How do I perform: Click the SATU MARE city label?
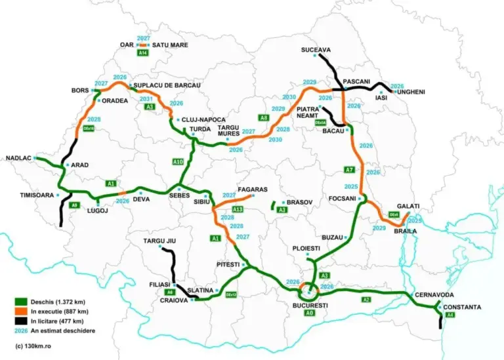tap(170, 45)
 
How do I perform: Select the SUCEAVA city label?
tap(316, 50)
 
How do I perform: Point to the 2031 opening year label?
tap(148, 98)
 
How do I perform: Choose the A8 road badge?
tap(264, 118)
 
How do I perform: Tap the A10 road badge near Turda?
tap(177, 161)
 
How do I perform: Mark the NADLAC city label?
tap(18, 158)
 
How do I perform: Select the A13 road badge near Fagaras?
tap(238, 209)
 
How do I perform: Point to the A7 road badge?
tap(349, 170)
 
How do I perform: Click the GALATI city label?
tap(408, 206)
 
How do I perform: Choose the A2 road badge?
tap(366, 299)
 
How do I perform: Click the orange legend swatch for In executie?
tap(20, 311)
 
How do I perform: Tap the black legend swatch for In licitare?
tap(20, 321)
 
